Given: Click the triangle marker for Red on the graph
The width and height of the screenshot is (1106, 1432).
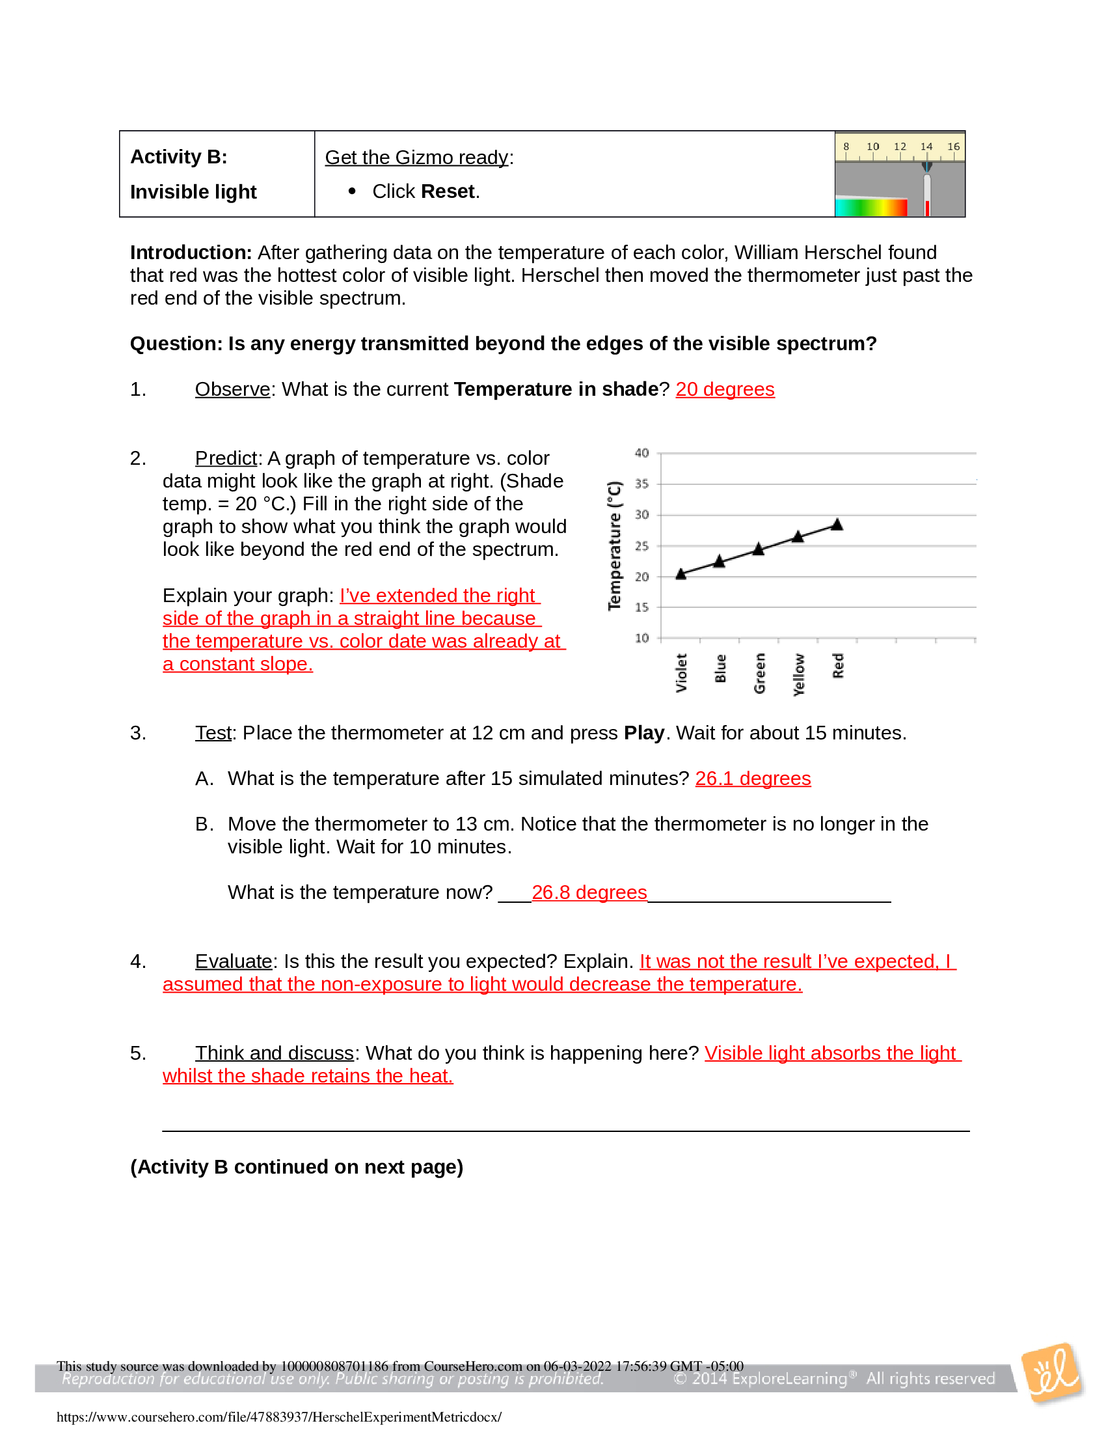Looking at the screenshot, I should click(837, 525).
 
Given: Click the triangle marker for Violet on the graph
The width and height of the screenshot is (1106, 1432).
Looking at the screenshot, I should click(681, 573).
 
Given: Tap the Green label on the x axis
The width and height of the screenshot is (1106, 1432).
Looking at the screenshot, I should click(759, 673).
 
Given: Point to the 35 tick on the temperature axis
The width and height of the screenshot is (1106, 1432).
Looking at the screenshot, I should click(641, 484).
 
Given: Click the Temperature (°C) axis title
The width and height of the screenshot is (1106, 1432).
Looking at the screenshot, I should click(614, 545).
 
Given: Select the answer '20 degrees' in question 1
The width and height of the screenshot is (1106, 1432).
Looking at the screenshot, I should click(725, 389).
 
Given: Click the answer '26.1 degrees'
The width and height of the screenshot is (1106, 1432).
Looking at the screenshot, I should click(753, 778).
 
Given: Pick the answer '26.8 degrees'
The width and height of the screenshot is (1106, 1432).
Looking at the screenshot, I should click(589, 892).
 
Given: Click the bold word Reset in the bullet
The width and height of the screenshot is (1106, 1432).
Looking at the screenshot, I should click(448, 191).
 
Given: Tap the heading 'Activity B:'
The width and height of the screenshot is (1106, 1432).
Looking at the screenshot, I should click(178, 157).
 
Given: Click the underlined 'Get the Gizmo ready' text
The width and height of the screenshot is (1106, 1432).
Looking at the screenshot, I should click(417, 158).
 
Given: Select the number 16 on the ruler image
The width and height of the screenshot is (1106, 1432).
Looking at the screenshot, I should click(953, 146).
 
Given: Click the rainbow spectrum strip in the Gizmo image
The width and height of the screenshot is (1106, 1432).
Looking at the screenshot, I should click(870, 208).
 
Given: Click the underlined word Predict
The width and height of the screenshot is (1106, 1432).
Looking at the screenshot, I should click(226, 458).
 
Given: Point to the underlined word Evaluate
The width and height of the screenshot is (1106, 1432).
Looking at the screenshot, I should click(234, 961).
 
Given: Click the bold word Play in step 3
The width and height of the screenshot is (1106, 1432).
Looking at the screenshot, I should click(643, 733).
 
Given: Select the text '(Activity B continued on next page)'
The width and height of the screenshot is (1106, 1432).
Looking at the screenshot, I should click(296, 1167).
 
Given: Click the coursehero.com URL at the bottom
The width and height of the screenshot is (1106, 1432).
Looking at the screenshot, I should click(279, 1416).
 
